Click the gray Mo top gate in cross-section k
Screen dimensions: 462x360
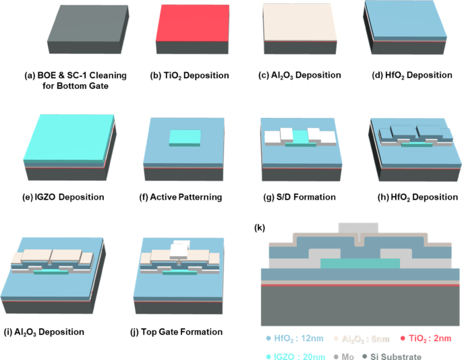[x=357, y=229]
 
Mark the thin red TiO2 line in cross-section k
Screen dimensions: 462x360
[x=357, y=284]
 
